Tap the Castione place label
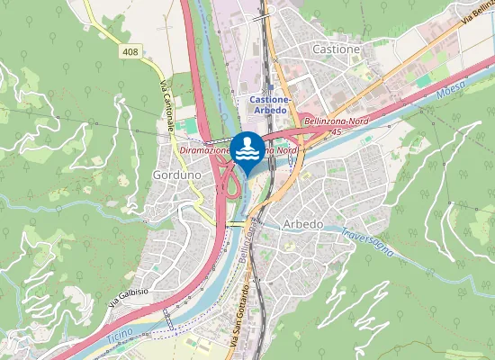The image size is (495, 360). point(335,49)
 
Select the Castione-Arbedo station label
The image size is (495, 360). point(268,103)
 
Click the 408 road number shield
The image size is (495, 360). point(129,54)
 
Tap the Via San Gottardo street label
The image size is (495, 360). point(238,316)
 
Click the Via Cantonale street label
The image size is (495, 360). point(166,107)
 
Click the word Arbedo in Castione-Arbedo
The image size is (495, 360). point(268,110)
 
